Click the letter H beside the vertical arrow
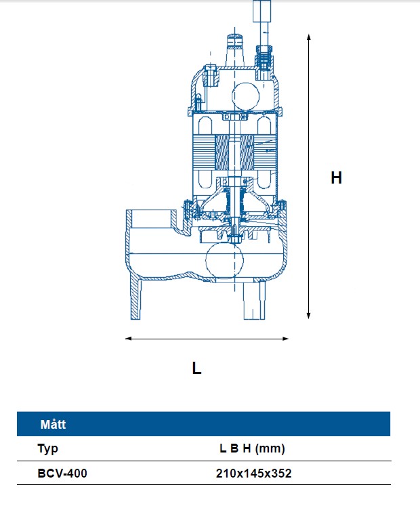[336, 178]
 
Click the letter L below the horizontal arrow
[196, 368]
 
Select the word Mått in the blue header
[52, 425]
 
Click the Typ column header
[48, 448]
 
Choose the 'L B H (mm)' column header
[253, 448]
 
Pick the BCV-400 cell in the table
[62, 473]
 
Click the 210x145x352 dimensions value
[253, 473]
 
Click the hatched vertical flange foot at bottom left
[134, 298]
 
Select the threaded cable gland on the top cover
[264, 57]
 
